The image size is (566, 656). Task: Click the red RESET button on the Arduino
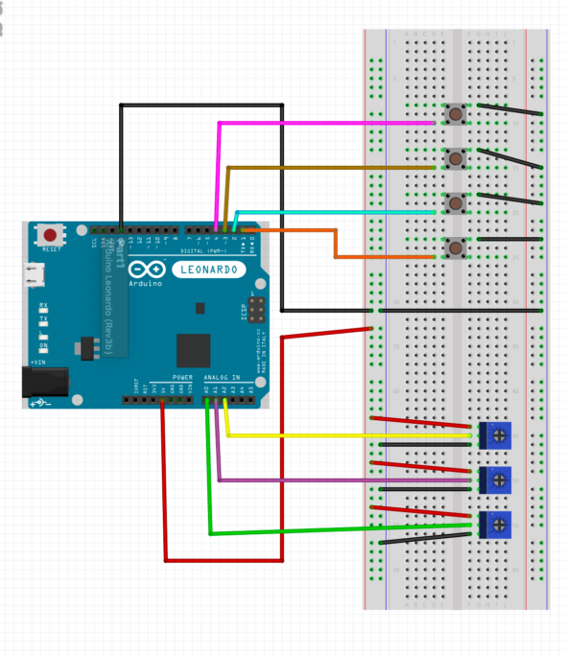point(48,234)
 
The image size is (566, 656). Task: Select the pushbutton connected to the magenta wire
point(453,115)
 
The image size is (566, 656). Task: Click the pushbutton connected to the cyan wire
point(453,202)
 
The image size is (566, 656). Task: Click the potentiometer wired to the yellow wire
point(498,435)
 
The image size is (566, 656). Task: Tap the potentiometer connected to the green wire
point(498,524)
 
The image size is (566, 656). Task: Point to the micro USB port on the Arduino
point(35,275)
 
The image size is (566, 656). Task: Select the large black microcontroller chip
point(193,350)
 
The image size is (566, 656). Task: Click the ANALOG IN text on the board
point(223,378)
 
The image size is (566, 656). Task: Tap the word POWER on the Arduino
point(182,378)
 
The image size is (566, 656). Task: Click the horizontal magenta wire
point(326,123)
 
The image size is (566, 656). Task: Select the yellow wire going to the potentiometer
point(345,436)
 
